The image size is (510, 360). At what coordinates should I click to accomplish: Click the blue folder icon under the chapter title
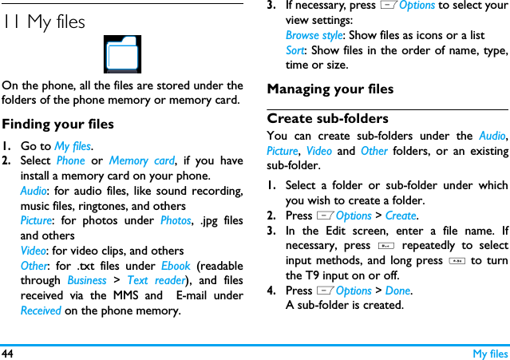123,54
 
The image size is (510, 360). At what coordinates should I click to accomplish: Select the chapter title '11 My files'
44,22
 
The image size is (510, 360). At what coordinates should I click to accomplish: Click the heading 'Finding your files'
57,124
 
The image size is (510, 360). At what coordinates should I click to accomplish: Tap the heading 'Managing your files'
330,89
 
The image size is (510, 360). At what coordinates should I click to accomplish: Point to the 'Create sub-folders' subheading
327,119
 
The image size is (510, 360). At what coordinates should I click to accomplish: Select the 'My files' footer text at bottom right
489,353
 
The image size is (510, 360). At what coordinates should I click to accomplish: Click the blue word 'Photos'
176,220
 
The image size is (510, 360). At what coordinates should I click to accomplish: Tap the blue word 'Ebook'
176,266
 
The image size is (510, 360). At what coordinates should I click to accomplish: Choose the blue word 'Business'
87,280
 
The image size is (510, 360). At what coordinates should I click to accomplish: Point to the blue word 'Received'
41,311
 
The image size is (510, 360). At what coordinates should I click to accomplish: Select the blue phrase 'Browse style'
314,35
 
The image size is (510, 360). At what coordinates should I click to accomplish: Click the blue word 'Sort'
295,50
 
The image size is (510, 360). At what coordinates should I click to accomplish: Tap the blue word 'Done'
397,291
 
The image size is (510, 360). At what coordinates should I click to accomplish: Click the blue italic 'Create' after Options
401,216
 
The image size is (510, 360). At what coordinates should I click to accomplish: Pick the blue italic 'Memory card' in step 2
141,160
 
